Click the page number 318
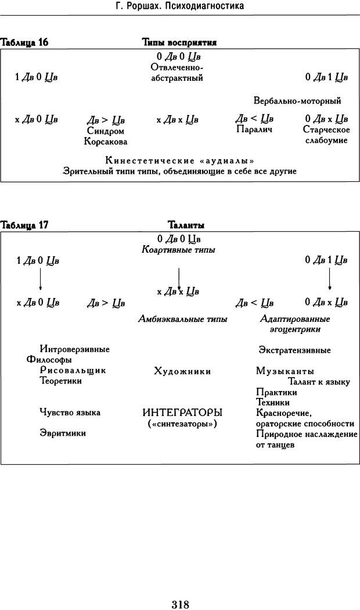coord(180,589)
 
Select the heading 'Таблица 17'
coord(24,225)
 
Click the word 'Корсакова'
coord(105,141)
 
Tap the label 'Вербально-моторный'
coord(297,101)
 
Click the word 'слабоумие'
coord(326,140)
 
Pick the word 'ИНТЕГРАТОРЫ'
coord(182,412)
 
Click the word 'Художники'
coord(182,371)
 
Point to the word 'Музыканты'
coord(285,371)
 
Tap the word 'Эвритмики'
coord(63,432)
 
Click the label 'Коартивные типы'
coord(178,250)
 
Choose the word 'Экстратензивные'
coord(294,350)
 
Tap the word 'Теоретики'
coord(60,381)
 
